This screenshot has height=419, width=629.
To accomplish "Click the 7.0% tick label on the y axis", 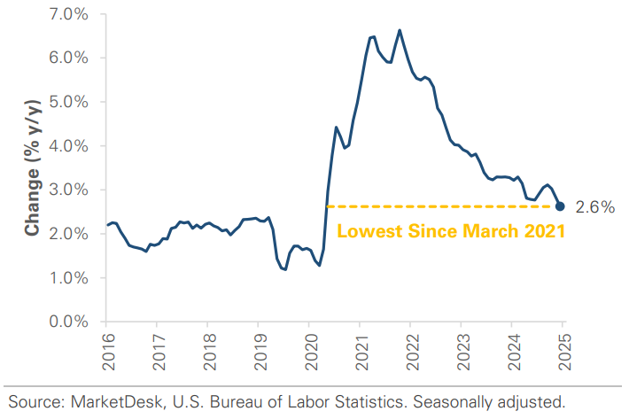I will (x=71, y=14).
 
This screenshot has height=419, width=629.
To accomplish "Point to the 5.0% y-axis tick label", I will (x=71, y=102).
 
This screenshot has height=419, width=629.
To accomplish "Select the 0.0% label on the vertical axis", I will (x=71, y=322).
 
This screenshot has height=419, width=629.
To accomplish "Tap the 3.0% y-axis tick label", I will (x=71, y=190).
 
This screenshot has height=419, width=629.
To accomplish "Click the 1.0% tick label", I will (x=71, y=277).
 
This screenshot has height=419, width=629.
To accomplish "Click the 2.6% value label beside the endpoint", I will (x=594, y=207).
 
